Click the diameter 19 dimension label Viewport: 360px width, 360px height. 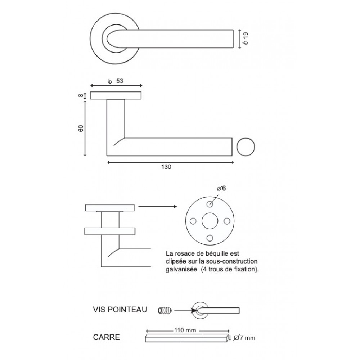[246, 39]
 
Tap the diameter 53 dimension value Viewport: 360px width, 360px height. [117, 81]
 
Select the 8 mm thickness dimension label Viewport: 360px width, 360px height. [81, 95]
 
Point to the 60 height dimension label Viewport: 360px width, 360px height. [81, 129]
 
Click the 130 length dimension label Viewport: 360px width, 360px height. [166, 167]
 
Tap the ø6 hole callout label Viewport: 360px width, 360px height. [221, 188]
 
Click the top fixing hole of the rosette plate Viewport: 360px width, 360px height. [210, 204]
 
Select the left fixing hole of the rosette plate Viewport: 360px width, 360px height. [193, 221]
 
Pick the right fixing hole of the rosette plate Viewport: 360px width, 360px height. [227, 221]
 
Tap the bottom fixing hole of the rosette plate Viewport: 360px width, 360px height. [210, 238]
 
